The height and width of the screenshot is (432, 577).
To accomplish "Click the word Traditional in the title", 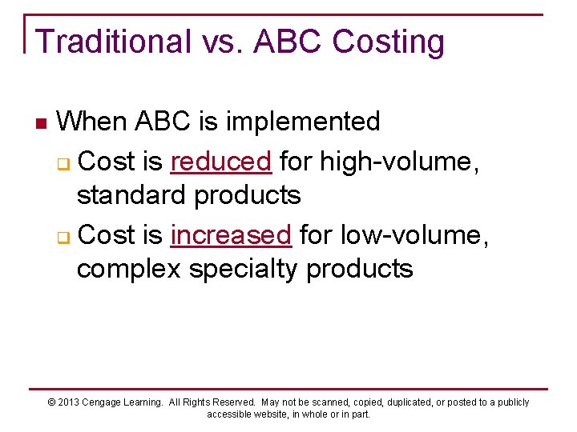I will (x=113, y=42).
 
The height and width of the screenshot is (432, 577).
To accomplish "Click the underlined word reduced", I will (x=221, y=162).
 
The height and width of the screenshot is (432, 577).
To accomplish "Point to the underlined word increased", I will (x=232, y=234).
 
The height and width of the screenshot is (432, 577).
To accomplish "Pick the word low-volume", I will (x=411, y=234).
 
